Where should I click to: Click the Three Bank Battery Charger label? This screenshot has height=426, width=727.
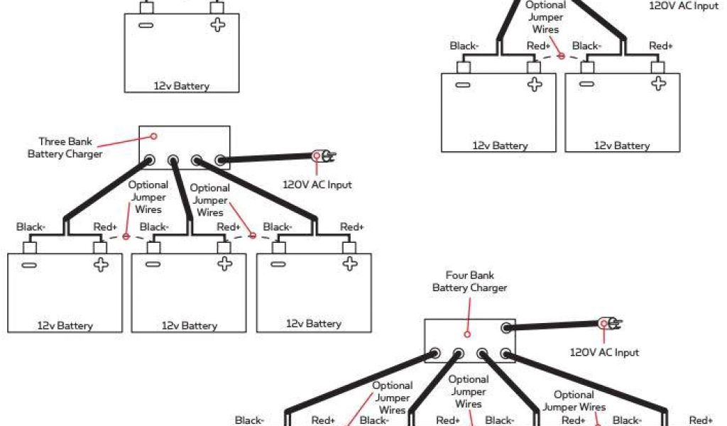(65, 148)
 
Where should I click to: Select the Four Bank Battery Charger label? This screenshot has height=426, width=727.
(469, 281)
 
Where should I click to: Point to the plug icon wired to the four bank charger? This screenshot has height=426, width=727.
(610, 324)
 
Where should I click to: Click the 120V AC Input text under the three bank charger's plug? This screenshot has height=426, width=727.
(317, 185)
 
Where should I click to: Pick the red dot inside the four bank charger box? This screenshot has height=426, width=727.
(467, 334)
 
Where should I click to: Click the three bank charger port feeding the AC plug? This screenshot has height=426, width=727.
(221, 160)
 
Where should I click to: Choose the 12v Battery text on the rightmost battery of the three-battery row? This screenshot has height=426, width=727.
(314, 324)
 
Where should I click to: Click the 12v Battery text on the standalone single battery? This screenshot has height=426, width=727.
(182, 87)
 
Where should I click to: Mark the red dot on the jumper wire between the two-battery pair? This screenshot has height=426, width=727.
(561, 55)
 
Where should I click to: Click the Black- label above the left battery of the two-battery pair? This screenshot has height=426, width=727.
(464, 46)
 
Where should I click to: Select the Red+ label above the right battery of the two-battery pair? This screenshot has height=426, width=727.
(660, 46)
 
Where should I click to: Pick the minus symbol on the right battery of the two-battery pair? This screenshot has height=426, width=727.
(586, 84)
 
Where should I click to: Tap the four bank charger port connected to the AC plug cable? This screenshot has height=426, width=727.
(505, 328)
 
